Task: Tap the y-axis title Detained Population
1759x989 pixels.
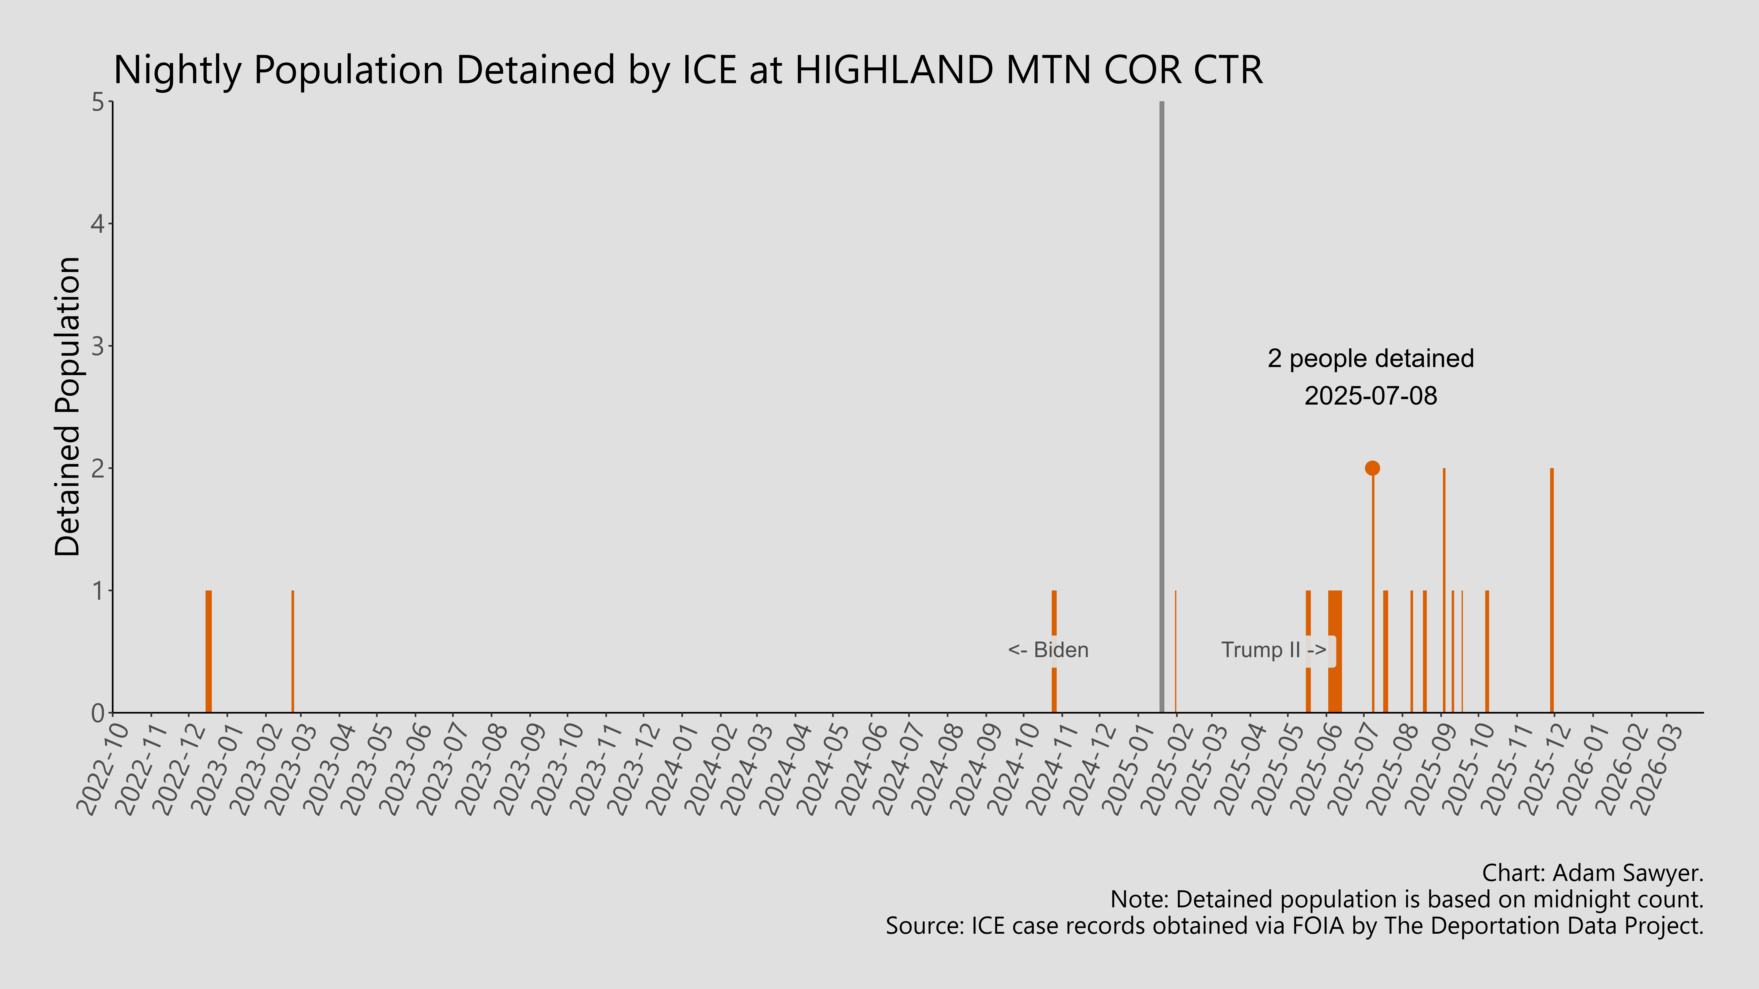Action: (x=68, y=407)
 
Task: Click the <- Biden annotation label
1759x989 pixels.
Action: (x=1048, y=650)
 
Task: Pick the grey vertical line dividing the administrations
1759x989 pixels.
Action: (x=1161, y=410)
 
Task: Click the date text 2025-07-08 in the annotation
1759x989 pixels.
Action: (x=1371, y=396)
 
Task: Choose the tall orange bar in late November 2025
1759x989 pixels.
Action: (x=1551, y=590)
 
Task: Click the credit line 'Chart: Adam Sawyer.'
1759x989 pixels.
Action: (x=1592, y=873)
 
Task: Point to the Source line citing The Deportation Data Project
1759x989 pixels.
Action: (x=1294, y=925)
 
